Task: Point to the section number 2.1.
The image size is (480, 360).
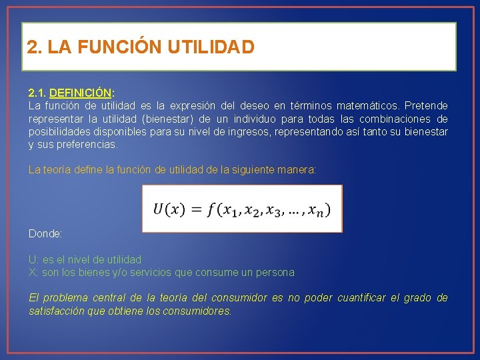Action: tap(37, 93)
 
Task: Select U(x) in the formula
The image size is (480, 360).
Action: tap(169, 209)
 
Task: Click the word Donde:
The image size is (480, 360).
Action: tap(45, 234)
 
